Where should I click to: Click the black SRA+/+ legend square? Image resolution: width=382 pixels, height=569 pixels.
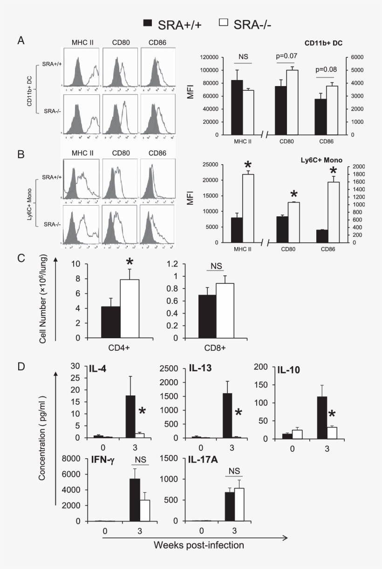tap(148, 23)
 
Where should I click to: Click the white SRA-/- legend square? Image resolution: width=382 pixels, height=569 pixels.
tap(223, 23)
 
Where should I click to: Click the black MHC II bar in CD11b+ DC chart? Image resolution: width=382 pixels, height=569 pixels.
tap(237, 107)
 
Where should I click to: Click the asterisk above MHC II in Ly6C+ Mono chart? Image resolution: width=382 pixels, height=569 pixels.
tap(248, 166)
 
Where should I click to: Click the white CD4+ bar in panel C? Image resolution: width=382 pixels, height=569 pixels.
tap(130, 308)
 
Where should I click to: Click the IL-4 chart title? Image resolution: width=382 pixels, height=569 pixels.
tap(96, 370)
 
